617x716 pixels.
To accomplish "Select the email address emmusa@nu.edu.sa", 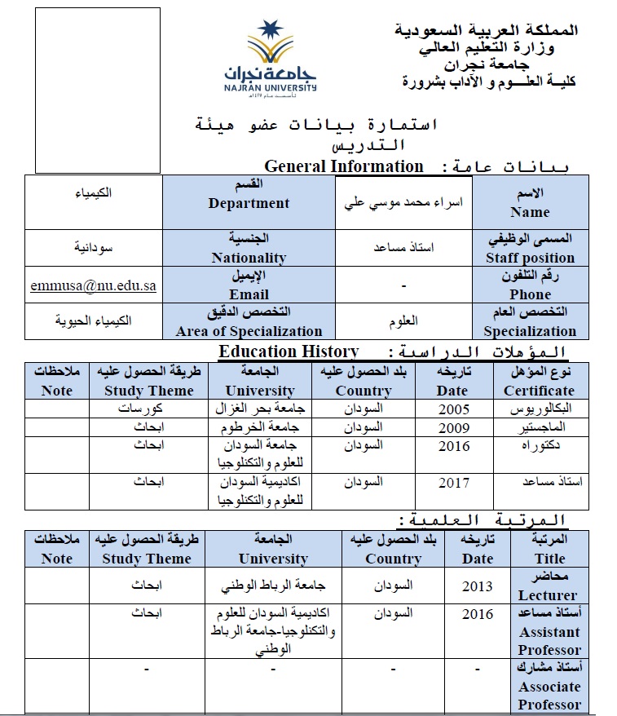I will tap(93, 286).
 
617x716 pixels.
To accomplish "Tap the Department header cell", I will tap(249, 196).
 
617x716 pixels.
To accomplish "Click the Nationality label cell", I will tap(249, 248).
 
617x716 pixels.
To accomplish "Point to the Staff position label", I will tap(530, 248).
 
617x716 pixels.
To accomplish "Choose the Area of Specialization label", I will tap(249, 321).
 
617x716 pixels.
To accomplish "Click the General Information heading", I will tap(344, 166).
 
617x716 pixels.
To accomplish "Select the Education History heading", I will tap(289, 352).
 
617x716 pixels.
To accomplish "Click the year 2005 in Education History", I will tap(454, 409).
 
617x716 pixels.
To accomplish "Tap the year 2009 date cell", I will tap(454, 427).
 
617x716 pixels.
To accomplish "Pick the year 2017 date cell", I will tap(454, 482).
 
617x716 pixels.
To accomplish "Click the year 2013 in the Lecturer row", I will tap(478, 586).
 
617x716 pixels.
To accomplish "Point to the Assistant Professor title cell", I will tap(549, 631).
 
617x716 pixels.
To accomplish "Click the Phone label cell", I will tap(530, 285).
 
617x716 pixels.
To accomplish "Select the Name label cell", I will tap(530, 203).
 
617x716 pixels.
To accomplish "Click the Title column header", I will tap(549, 549).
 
